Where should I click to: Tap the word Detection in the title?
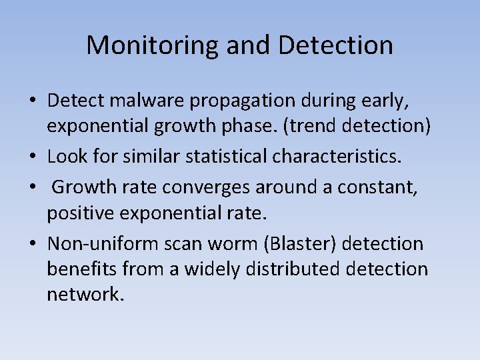(335, 45)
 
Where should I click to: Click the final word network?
(85, 294)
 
